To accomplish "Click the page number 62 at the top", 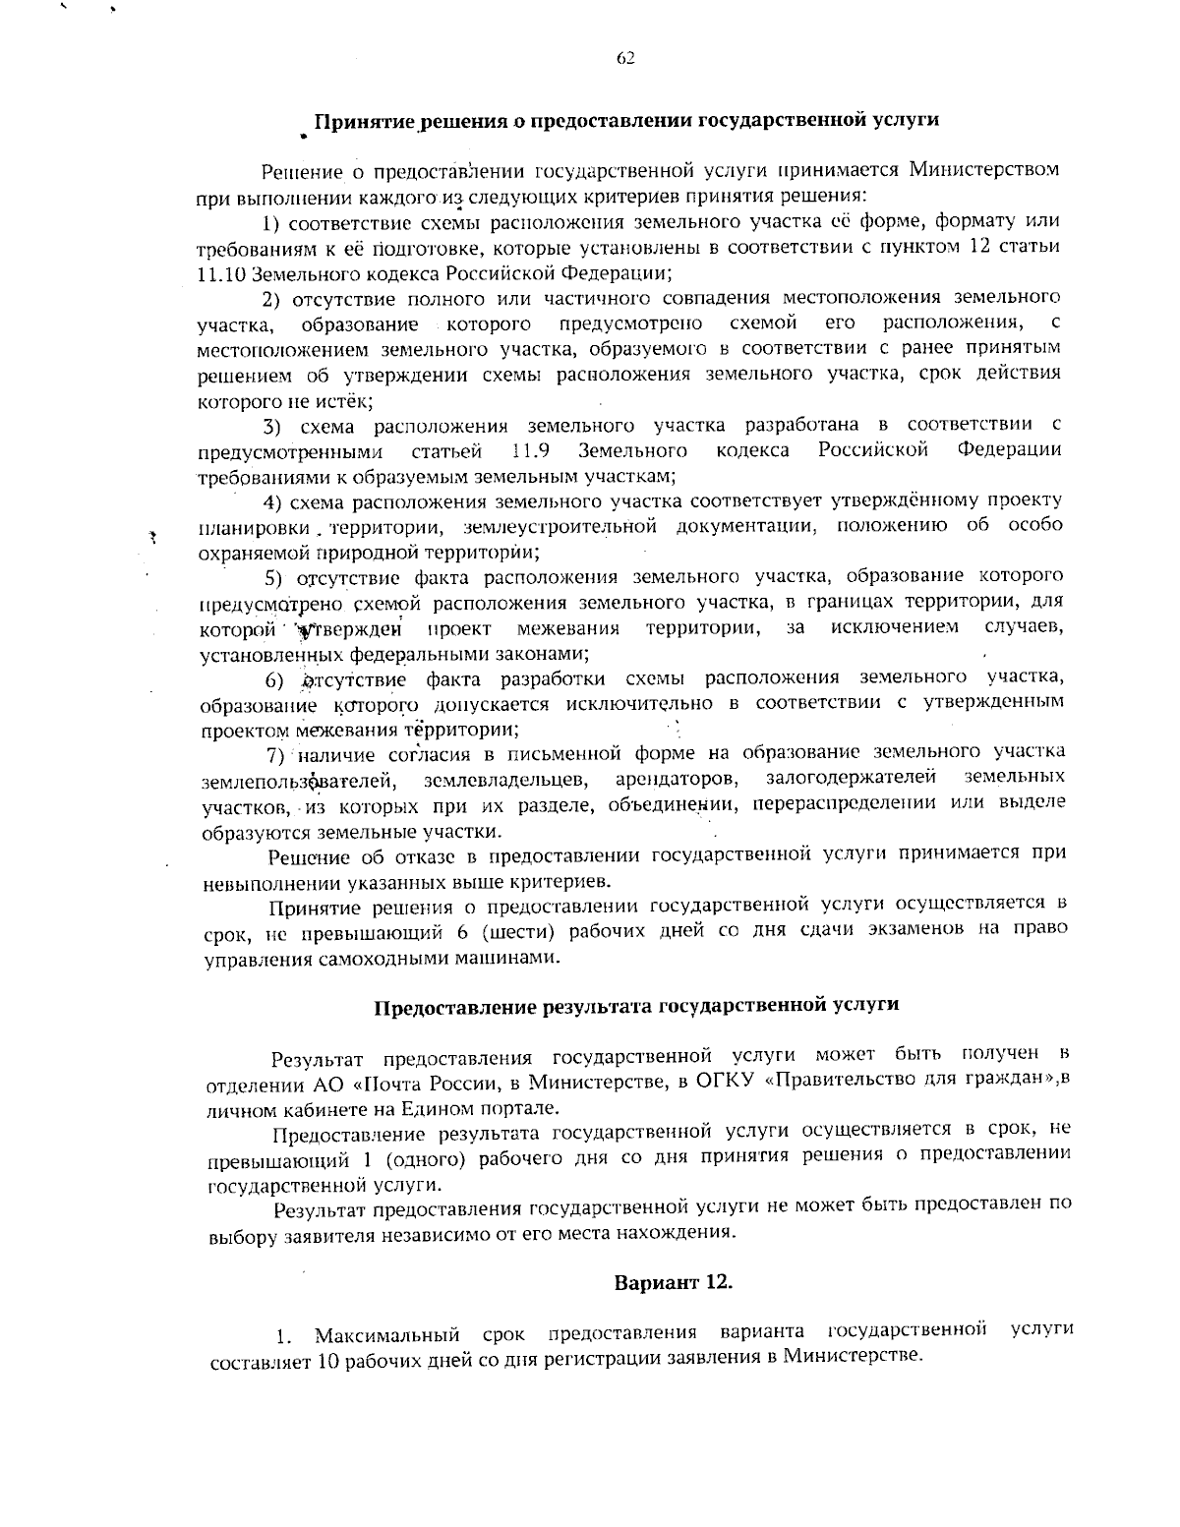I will point(625,58).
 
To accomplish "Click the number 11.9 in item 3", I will point(531,450).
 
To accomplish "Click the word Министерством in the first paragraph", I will point(983,169).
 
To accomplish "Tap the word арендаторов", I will point(678,780).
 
